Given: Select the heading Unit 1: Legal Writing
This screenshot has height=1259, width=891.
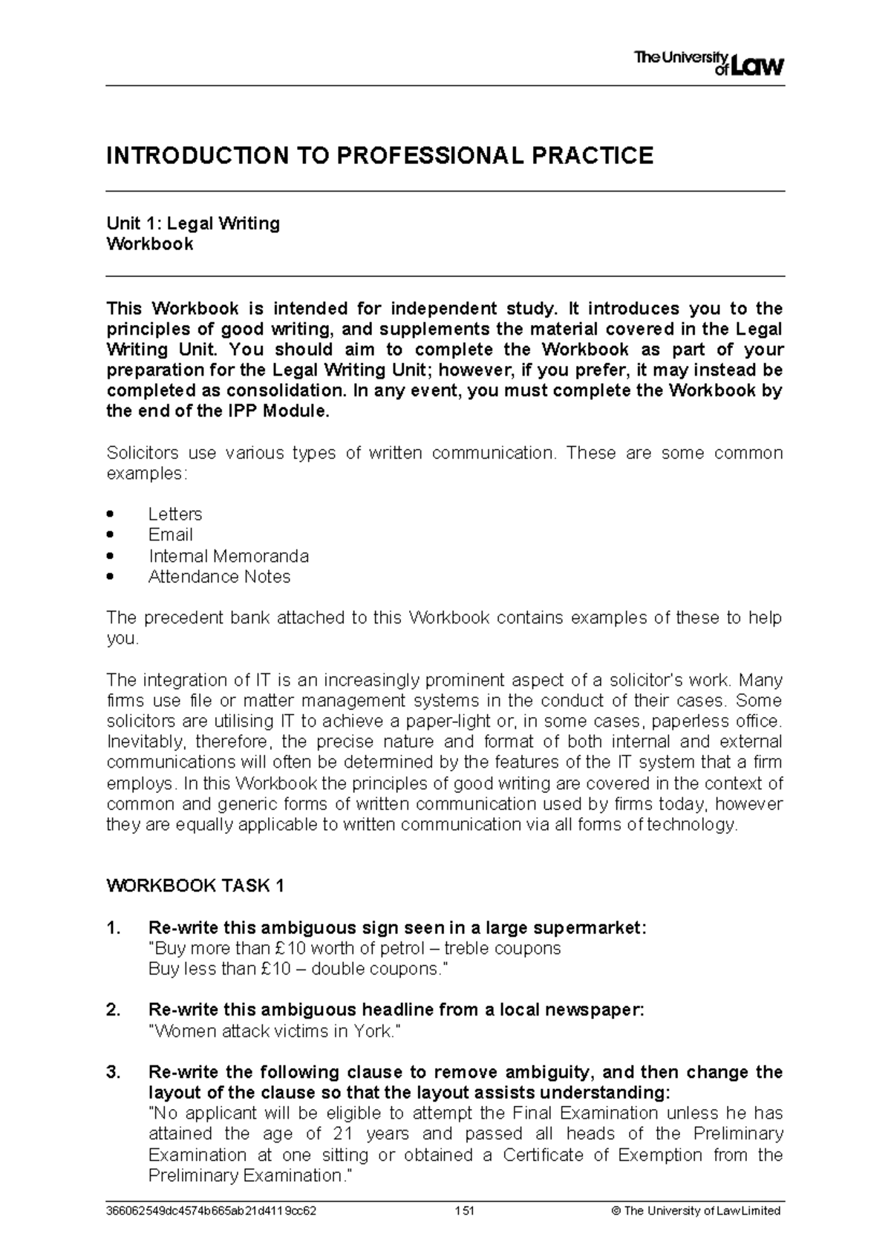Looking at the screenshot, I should [193, 223].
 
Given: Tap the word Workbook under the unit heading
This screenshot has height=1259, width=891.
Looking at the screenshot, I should [150, 244].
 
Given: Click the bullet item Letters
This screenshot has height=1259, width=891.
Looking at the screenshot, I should [175, 514].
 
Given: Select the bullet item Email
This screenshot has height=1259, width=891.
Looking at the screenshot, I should [170, 534].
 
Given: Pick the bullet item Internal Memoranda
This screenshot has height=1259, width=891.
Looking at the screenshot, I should [229, 556].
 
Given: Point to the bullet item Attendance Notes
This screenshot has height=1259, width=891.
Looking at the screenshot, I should [219, 577].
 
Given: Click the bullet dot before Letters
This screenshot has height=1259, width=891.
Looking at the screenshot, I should [111, 514].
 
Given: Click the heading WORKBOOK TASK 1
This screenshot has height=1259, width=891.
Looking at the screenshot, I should [195, 886].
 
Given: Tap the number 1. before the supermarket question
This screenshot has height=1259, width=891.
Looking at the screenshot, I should [113, 928].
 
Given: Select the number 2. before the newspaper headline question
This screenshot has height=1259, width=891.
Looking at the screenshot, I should [113, 1010].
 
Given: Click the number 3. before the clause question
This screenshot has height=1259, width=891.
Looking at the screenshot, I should [113, 1072].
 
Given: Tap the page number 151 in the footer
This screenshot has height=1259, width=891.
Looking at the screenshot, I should [465, 1210].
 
